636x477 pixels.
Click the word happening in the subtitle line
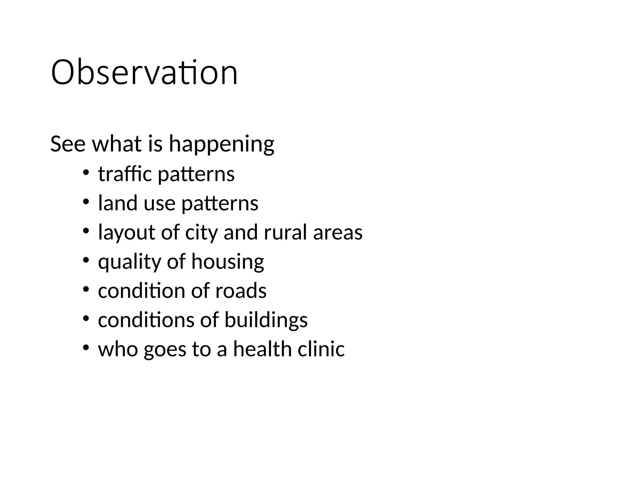click(221, 144)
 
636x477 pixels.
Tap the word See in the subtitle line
click(68, 144)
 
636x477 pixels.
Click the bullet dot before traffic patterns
click(86, 173)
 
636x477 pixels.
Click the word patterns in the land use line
click(220, 204)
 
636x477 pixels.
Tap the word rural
click(285, 232)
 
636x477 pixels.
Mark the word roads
click(241, 291)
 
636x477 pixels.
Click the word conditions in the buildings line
click(146, 320)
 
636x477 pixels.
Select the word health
click(262, 349)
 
